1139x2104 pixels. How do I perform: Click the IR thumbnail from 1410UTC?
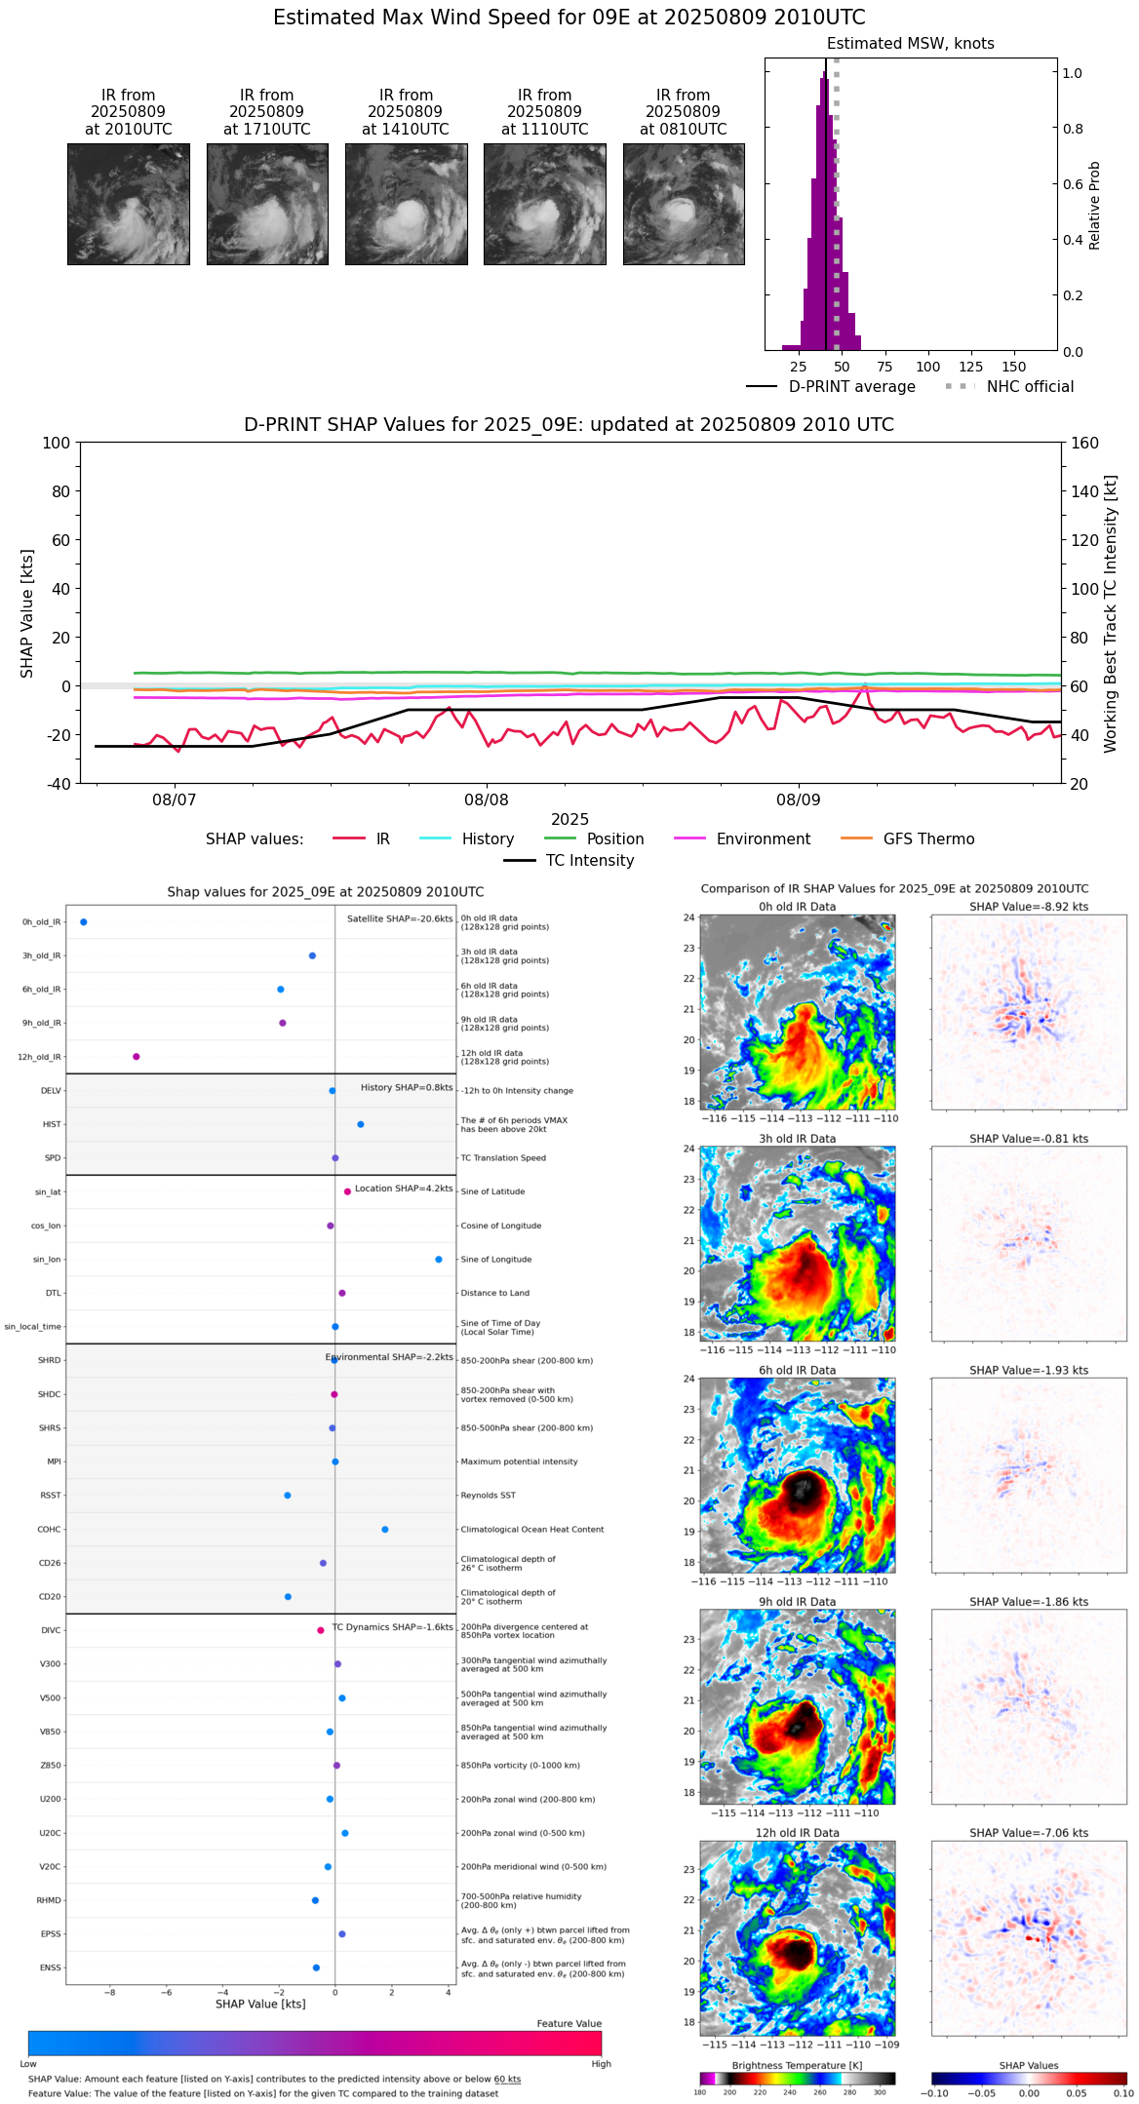tap(406, 204)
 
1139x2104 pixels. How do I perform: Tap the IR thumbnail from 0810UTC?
tap(684, 204)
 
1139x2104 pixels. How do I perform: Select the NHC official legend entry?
tap(1029, 387)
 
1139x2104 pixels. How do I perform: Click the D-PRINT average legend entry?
tap(851, 387)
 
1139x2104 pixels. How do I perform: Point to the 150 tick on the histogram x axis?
tap(1014, 367)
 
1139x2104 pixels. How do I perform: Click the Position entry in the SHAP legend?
tap(614, 839)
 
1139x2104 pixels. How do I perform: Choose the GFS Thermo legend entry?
tap(928, 839)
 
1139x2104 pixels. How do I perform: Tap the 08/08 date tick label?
tap(487, 800)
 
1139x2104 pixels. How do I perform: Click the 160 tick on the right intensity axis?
tap(1085, 443)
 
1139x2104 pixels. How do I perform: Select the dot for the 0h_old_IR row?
tap(84, 921)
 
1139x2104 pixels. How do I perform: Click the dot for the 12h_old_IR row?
tap(137, 1057)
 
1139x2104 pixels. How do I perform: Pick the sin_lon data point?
tap(439, 1260)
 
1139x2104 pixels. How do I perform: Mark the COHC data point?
tap(385, 1529)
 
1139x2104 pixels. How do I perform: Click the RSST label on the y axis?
tap(51, 1496)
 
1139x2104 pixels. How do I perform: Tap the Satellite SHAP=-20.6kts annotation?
tap(400, 918)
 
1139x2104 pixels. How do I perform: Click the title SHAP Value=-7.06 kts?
tap(1029, 1833)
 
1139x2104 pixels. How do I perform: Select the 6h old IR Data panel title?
tap(797, 1370)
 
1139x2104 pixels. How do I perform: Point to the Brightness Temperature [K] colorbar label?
tap(797, 2065)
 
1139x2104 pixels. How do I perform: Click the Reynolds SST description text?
tap(489, 1496)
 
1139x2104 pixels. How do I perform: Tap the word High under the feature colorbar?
tap(601, 2063)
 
